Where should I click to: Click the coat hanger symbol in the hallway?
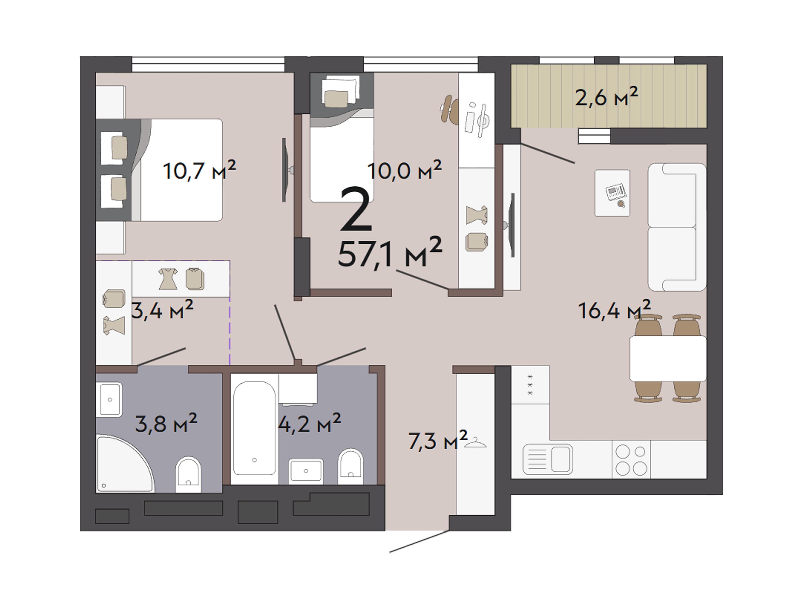(x=475, y=443)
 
